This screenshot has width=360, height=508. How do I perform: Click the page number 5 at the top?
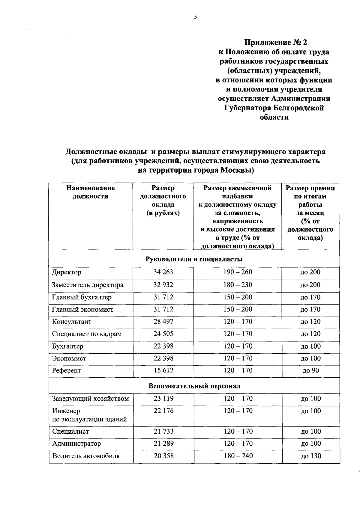point(195,17)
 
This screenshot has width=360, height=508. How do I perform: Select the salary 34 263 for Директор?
point(163,272)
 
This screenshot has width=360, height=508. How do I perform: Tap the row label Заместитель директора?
point(88,285)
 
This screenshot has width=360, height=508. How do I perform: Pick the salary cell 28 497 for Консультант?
point(163,322)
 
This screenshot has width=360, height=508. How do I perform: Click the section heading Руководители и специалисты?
point(194,259)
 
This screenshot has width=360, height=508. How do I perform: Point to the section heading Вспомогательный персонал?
point(194,386)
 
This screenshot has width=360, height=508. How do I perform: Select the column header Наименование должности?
point(91,192)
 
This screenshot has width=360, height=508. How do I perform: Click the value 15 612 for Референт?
point(163,370)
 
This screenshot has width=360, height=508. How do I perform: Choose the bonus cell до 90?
point(310,370)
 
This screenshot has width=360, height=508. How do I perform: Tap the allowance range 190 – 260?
point(238,272)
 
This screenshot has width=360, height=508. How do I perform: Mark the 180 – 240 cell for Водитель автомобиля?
point(238,456)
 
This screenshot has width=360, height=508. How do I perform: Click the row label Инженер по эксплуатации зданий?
point(89,415)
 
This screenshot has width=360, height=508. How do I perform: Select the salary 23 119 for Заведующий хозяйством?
point(163,399)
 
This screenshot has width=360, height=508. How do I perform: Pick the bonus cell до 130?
point(310,456)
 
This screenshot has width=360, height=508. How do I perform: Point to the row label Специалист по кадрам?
point(87,334)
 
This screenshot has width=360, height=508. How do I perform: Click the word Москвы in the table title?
point(237,171)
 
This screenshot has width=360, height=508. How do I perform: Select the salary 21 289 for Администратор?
point(163,443)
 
